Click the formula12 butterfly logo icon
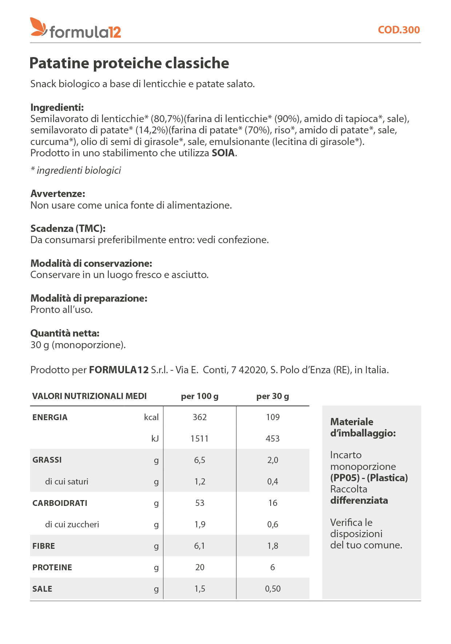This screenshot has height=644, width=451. point(38,27)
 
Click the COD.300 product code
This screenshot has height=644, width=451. point(399,30)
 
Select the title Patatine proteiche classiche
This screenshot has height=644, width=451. point(129,63)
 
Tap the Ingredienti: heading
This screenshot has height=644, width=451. point(57,108)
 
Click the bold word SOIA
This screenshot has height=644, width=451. point(223,153)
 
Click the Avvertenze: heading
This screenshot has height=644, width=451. point(58,194)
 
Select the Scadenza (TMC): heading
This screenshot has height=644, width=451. point(68,229)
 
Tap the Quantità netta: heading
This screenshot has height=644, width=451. point(65,333)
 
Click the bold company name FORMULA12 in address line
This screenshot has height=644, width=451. point(119,370)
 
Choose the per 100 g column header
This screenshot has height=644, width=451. point(200,396)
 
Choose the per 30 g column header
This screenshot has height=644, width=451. point(272,396)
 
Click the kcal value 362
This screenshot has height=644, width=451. point(200,417)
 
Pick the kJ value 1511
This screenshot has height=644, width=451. point(200,439)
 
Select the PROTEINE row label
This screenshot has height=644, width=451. point(52,568)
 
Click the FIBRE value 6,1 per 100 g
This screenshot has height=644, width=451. point(200,546)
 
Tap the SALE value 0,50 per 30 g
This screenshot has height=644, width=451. point(273,589)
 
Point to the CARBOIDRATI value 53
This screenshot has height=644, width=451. point(200,503)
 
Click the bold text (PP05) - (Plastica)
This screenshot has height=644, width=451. point(369,478)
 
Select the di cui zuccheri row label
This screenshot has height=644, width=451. point(72,524)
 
